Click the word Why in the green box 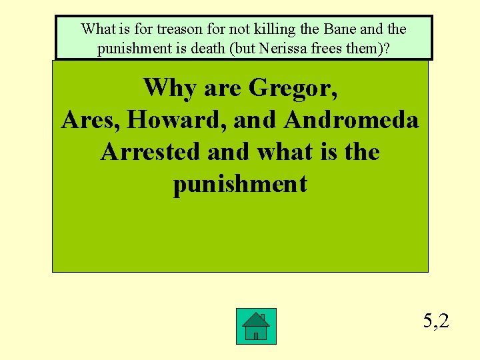click(x=169, y=87)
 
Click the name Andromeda click(x=351, y=120)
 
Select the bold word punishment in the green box click(x=240, y=184)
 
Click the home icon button click(x=256, y=326)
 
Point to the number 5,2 click(x=436, y=321)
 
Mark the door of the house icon click(x=256, y=335)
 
